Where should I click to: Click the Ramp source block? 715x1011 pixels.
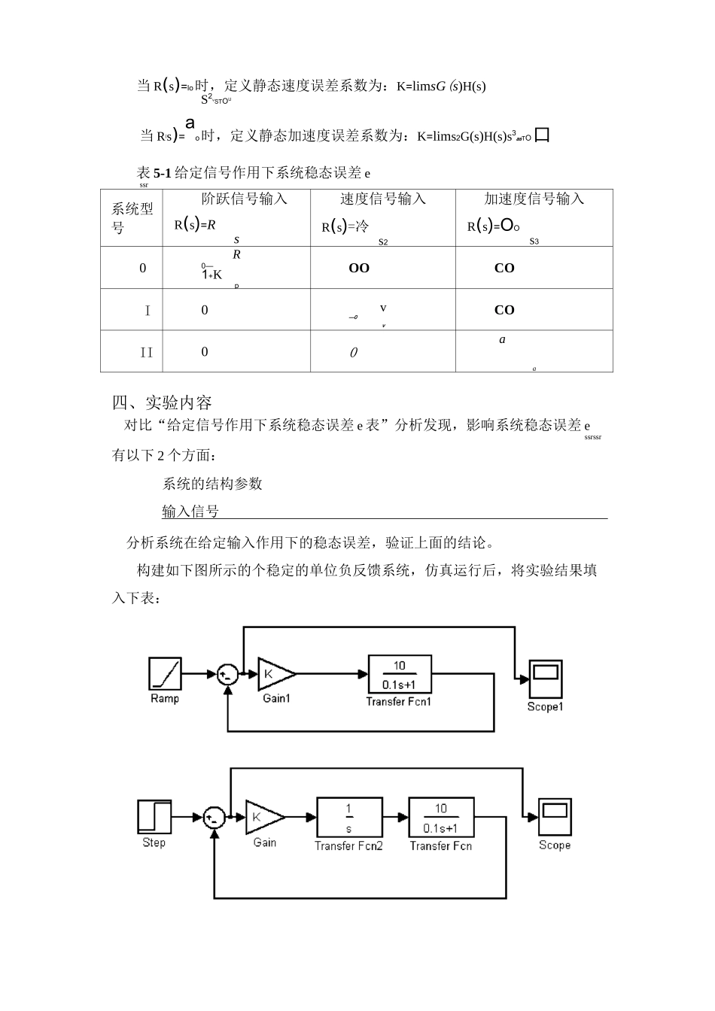click(x=165, y=673)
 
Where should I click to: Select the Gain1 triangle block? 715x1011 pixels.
click(x=274, y=674)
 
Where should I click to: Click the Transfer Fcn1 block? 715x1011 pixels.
click(x=399, y=674)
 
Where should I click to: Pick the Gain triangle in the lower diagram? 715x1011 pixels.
click(x=263, y=817)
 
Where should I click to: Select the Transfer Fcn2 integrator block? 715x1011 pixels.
click(x=348, y=817)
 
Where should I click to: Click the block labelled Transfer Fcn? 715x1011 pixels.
click(x=441, y=817)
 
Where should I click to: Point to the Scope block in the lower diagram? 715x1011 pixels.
click(x=555, y=817)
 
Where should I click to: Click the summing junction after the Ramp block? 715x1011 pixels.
click(x=227, y=674)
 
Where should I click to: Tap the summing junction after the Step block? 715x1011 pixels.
click(x=214, y=817)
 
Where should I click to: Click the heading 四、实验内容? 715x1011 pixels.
click(x=162, y=402)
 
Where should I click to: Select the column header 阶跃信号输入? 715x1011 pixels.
click(x=244, y=199)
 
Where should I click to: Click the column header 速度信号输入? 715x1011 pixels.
click(x=382, y=199)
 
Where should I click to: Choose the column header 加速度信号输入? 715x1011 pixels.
click(x=534, y=199)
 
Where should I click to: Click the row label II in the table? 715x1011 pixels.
click(x=147, y=352)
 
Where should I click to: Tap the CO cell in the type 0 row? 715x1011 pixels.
click(x=504, y=269)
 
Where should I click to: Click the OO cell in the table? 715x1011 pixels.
click(x=359, y=269)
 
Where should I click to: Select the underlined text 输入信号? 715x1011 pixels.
click(x=190, y=512)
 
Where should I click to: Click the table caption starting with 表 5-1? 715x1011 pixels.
click(x=253, y=173)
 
